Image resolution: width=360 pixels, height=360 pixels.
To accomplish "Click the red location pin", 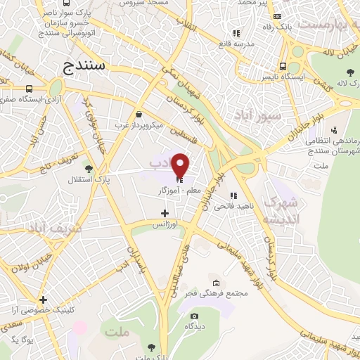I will point(181,165).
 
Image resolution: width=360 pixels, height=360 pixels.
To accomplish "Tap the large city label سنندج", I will point(88,67).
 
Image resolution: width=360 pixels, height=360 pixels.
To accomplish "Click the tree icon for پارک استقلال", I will point(88,169).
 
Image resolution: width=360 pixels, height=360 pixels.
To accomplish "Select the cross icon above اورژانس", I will point(165,212).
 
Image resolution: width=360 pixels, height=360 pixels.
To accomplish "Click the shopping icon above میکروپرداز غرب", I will point(139,115).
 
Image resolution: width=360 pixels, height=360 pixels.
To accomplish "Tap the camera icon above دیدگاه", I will point(194,316).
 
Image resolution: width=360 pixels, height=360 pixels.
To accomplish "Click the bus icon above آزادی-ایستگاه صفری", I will point(29,89).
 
